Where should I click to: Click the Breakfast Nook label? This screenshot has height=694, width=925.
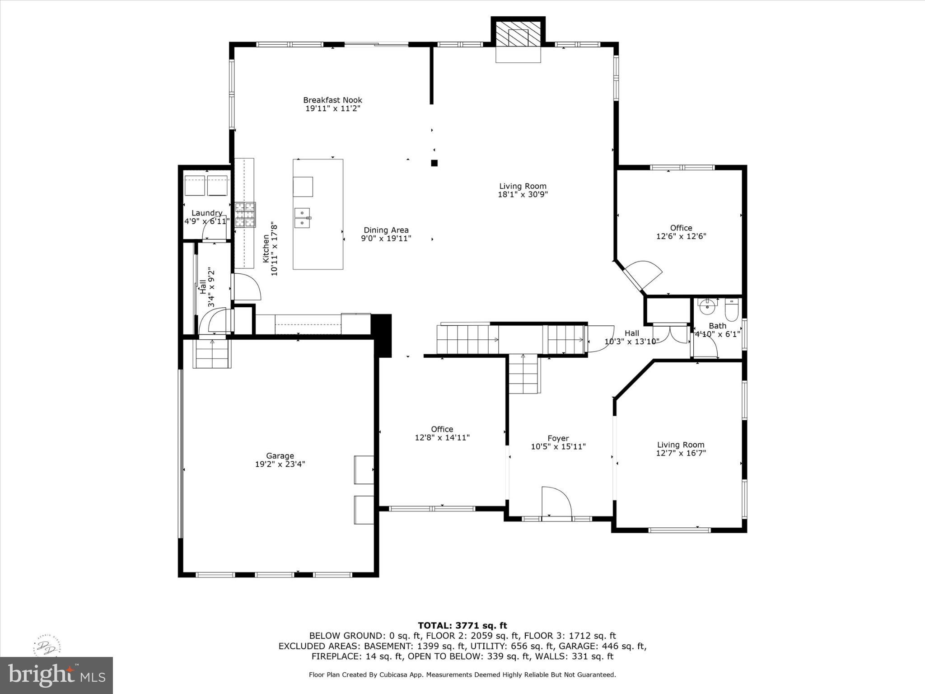[332, 100]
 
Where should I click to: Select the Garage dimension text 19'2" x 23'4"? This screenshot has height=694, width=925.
[280, 464]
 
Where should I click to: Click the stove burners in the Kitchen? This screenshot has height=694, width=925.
[245, 214]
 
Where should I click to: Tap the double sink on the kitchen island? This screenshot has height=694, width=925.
[302, 218]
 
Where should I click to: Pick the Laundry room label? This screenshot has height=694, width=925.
[207, 213]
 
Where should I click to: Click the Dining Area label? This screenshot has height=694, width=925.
[386, 230]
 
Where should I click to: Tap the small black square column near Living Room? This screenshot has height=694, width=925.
[434, 163]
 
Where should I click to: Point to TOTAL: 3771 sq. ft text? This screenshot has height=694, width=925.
[462, 626]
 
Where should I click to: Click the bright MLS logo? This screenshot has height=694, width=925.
[56, 675]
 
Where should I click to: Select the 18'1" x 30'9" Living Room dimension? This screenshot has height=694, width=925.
[523, 194]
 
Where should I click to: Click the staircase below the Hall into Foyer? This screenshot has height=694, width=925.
[523, 374]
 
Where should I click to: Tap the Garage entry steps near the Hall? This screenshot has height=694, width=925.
[212, 354]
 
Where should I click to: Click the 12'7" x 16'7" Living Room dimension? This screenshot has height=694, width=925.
[681, 453]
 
